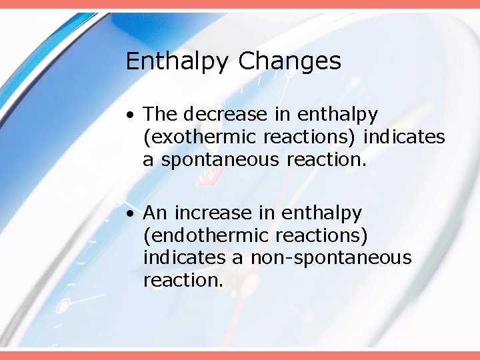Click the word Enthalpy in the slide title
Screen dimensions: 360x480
click(178, 61)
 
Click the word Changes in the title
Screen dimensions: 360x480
click(289, 61)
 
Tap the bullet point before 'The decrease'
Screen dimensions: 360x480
click(134, 115)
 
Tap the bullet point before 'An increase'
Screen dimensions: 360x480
click(134, 214)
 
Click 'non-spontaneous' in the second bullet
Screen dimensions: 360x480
click(331, 258)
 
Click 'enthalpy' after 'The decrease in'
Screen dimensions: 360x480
click(339, 115)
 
